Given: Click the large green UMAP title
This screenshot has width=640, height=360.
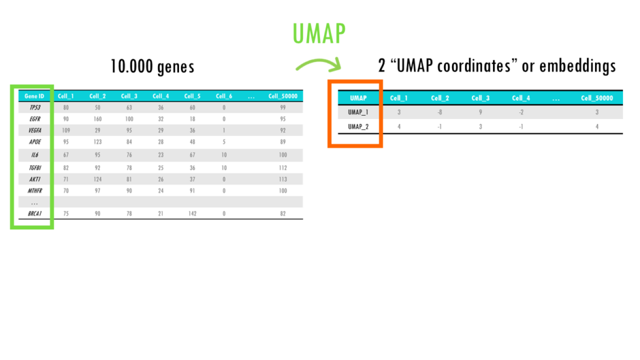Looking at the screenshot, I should tap(319, 33).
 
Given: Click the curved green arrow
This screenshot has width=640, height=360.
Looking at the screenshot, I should tap(319, 64).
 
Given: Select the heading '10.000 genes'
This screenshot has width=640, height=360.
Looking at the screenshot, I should tap(152, 67).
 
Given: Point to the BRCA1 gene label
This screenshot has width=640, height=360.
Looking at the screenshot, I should tap(35, 213).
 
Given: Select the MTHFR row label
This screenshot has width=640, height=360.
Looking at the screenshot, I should tap(35, 191).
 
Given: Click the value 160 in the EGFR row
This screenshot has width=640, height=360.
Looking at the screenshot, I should tap(97, 120).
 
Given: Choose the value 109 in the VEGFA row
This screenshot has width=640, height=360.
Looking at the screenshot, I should tap(65, 131).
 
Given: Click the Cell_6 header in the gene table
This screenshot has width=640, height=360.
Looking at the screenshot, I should tap(224, 96).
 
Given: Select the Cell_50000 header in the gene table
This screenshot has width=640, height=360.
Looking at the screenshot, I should tap(283, 96).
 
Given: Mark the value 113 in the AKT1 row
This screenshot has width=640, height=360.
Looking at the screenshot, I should tap(283, 179).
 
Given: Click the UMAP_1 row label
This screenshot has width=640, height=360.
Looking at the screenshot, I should tap(358, 112).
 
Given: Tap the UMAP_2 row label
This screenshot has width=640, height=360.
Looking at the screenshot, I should tap(358, 126).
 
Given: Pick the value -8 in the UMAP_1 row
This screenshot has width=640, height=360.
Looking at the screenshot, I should tap(440, 112).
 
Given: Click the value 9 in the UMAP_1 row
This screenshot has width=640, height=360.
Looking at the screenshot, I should tap(480, 112).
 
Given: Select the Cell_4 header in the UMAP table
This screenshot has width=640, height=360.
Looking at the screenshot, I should tap(520, 98).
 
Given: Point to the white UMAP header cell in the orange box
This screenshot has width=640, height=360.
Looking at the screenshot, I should tap(358, 98).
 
